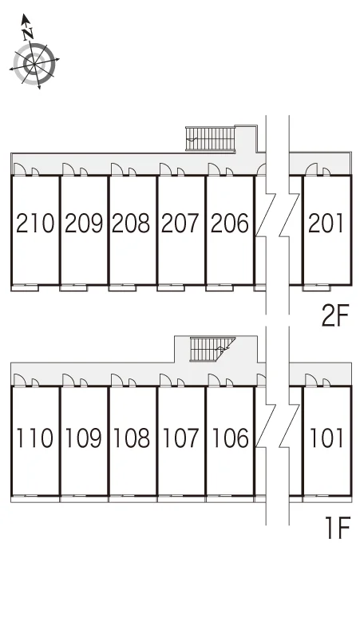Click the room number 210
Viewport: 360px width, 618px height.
point(34,223)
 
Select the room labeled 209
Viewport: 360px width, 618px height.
point(84,223)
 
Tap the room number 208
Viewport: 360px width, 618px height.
point(131,223)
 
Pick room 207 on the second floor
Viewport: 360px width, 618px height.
point(180,223)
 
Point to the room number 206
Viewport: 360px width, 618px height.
point(230,223)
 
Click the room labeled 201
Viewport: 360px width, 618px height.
point(326,223)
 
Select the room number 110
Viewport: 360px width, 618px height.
point(34,438)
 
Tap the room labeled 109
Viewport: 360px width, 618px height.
point(84,438)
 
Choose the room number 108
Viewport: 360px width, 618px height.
point(132,438)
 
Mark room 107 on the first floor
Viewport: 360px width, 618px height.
point(180,438)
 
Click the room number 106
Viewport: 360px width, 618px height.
point(230,438)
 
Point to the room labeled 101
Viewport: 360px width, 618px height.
point(326,438)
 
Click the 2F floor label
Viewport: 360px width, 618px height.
point(335,316)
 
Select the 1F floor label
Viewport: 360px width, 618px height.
point(338,528)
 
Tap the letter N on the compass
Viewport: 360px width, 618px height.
point(28,34)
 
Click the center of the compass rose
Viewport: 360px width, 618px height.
point(34,63)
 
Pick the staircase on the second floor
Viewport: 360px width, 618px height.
point(210,139)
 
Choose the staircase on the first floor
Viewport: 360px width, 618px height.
point(212,349)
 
